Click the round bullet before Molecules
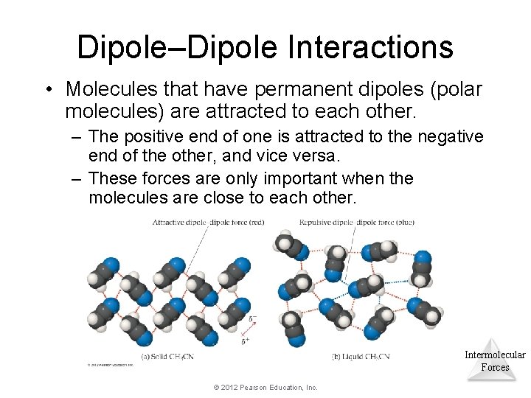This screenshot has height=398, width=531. point(49,90)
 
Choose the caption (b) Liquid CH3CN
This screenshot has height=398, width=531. point(361,357)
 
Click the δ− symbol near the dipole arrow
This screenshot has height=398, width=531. point(253,319)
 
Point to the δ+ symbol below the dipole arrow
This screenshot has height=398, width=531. point(245,340)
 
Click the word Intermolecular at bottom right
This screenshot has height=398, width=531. point(495,355)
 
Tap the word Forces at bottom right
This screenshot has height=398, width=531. point(495,367)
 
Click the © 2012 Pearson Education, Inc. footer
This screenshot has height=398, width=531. point(265,387)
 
